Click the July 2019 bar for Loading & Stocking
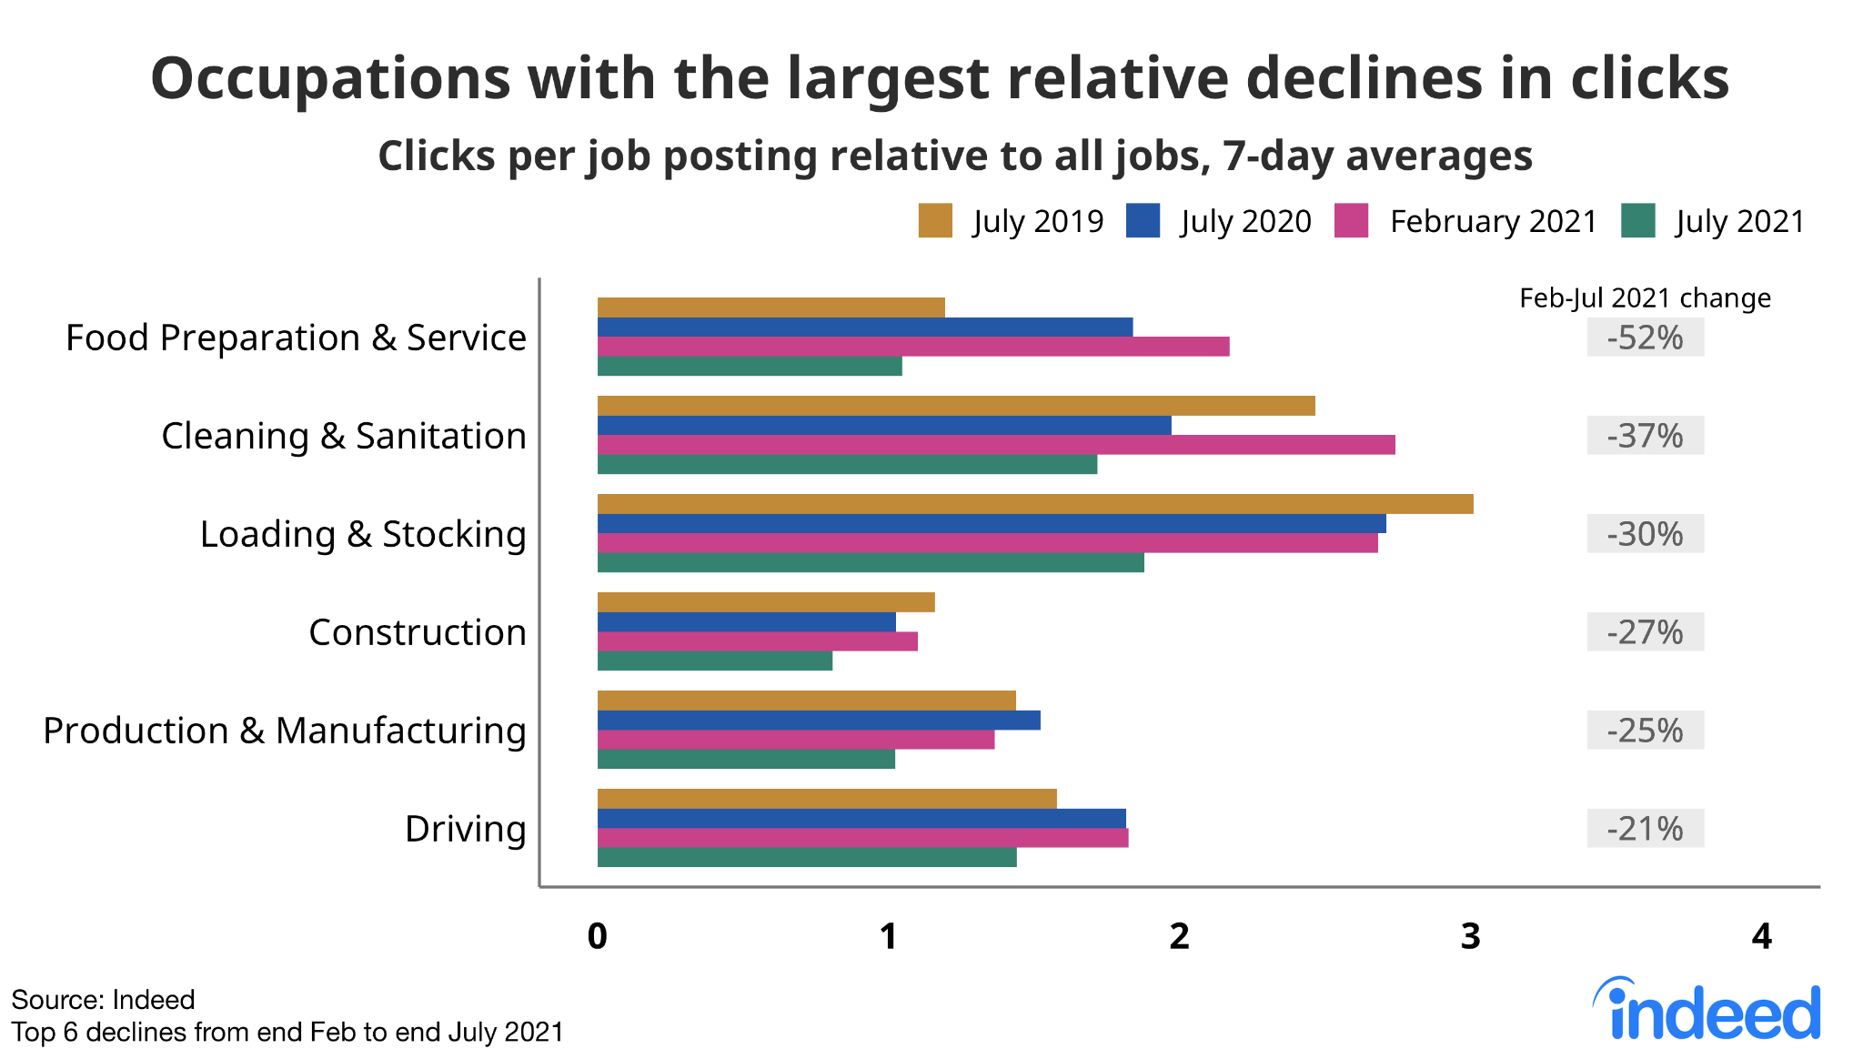click(x=1035, y=504)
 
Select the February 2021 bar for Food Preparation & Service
click(x=913, y=347)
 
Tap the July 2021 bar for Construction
click(x=715, y=661)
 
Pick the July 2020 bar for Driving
click(x=861, y=819)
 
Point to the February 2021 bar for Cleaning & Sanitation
click(x=996, y=445)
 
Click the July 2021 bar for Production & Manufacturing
click(x=746, y=759)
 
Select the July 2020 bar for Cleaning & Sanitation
click(x=884, y=426)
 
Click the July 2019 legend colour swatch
click(x=935, y=221)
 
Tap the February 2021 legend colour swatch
click(x=1351, y=221)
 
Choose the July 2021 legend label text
click(x=1739, y=221)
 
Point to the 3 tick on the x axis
click(x=1470, y=936)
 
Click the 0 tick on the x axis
click(x=597, y=936)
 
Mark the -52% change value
click(x=1645, y=338)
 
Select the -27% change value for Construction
click(x=1645, y=632)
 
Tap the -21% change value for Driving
click(x=1645, y=829)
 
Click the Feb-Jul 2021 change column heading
click(x=1645, y=298)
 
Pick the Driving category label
click(x=465, y=829)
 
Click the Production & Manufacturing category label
click(x=285, y=731)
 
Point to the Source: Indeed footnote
click(x=103, y=1000)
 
